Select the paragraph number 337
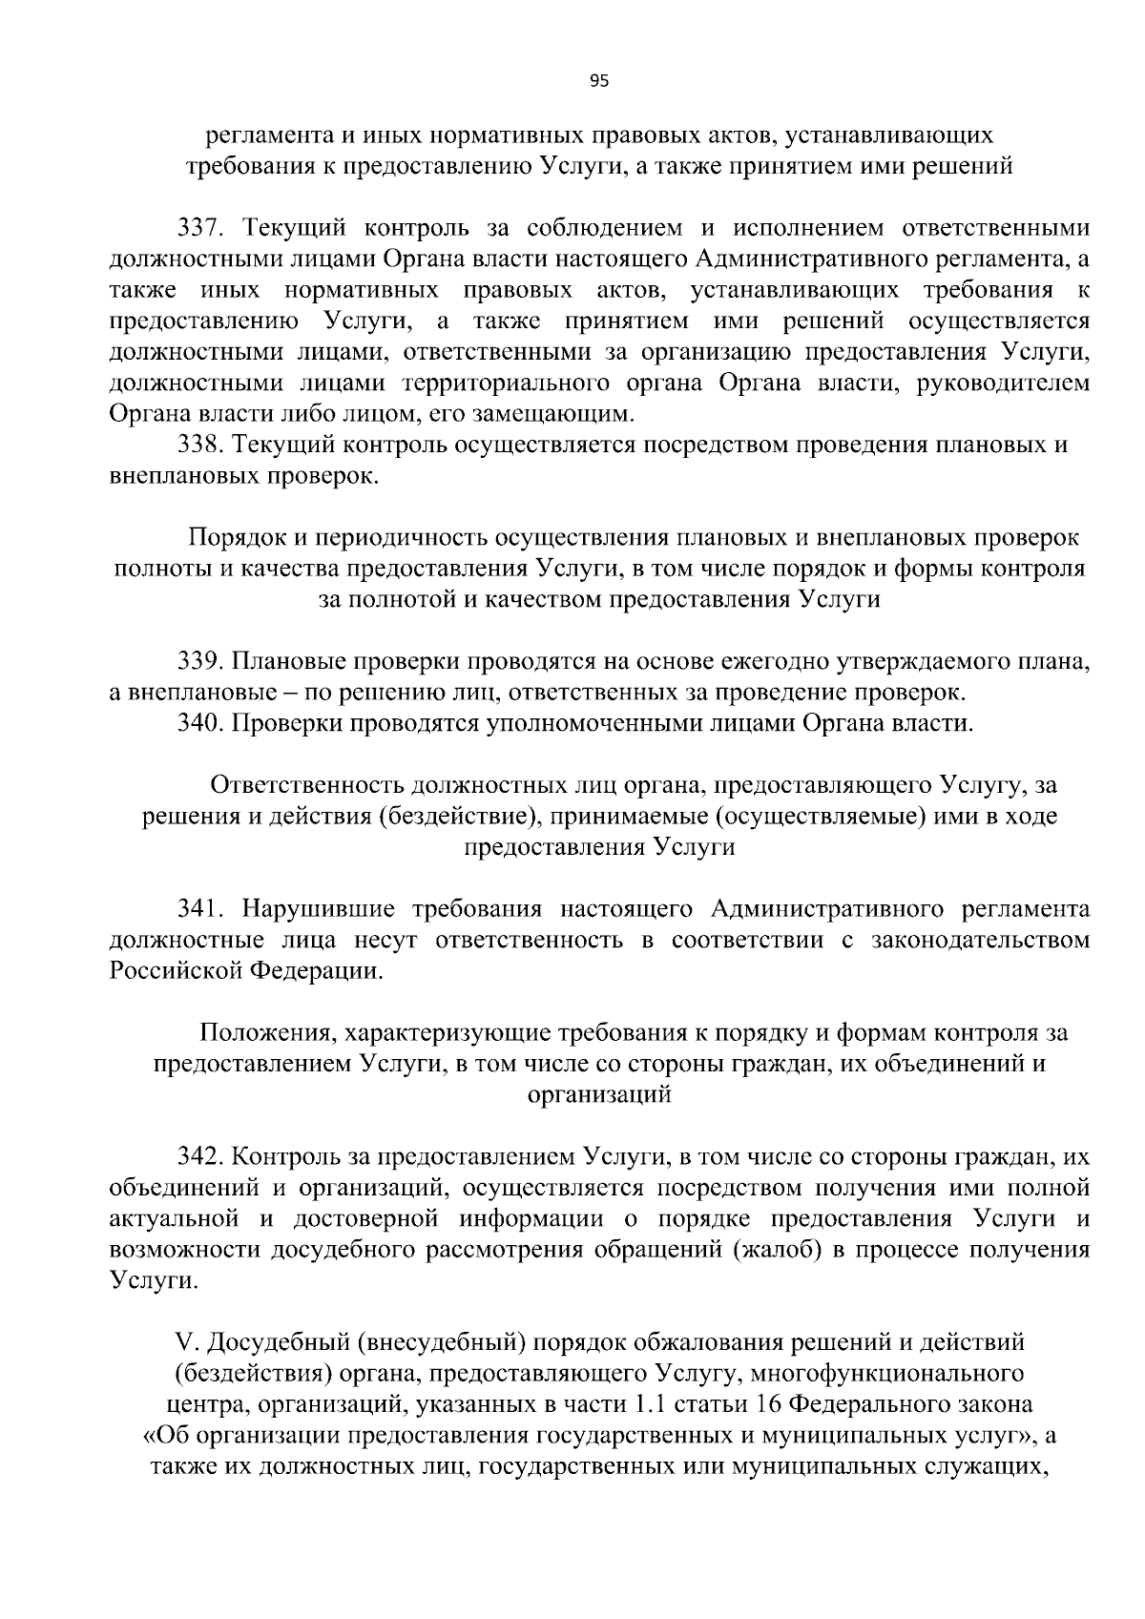(x=199, y=228)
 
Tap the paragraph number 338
(x=199, y=446)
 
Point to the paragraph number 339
(x=199, y=660)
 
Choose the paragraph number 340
(x=199, y=722)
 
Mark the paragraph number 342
(x=199, y=1157)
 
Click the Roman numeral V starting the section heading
(x=185, y=1343)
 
